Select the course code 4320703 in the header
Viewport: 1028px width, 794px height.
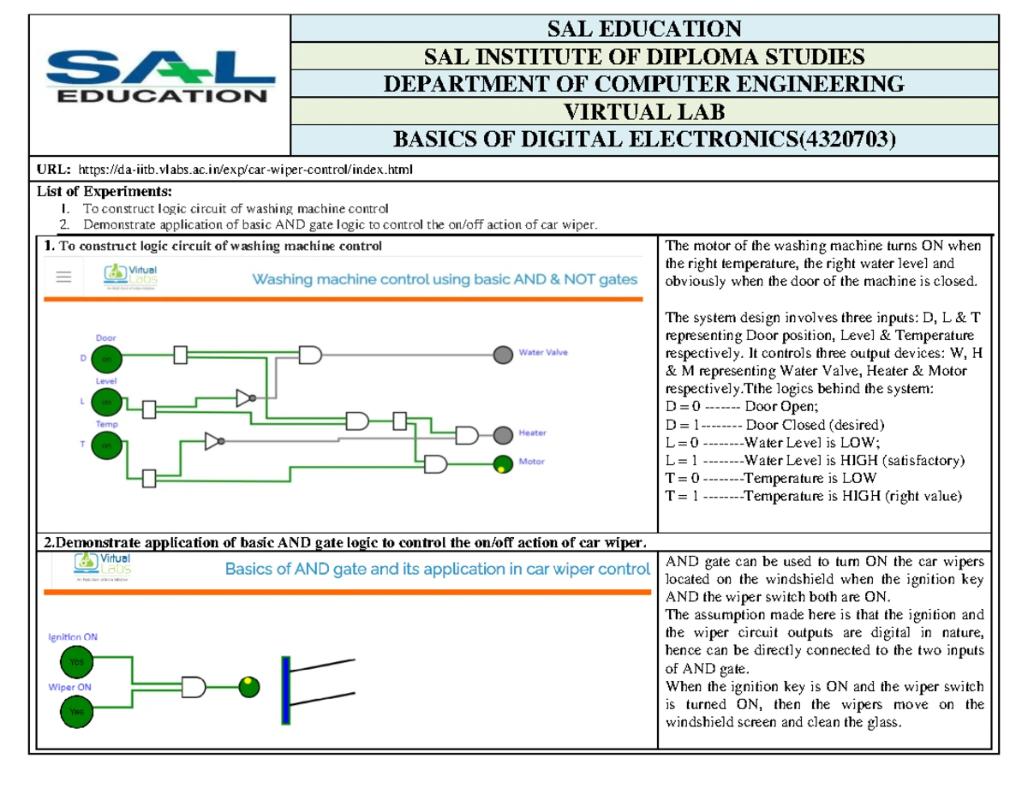click(843, 138)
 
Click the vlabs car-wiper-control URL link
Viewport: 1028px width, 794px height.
click(245, 170)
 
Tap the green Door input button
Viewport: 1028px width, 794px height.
click(107, 360)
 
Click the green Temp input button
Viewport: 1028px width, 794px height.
click(107, 445)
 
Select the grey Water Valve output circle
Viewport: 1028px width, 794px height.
click(503, 353)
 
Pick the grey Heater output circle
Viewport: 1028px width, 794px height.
click(503, 435)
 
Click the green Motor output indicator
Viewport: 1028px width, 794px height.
click(503, 464)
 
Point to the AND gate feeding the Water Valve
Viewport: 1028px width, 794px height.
click(310, 353)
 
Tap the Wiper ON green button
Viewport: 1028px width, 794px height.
click(75, 711)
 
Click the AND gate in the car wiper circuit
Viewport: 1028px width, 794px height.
click(195, 686)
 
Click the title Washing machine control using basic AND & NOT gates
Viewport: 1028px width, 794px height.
click(444, 279)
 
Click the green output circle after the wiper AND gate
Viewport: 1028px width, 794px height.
click(248, 686)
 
